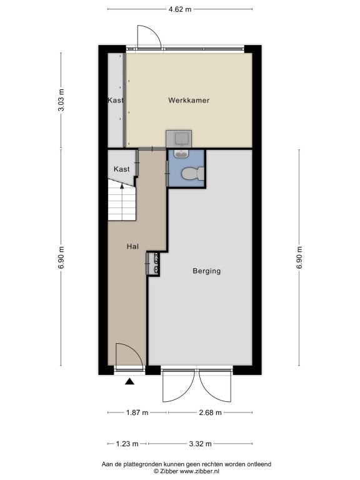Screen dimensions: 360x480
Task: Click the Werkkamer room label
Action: click(x=189, y=100)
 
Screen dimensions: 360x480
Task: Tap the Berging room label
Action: click(x=207, y=271)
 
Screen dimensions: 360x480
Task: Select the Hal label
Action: click(x=133, y=246)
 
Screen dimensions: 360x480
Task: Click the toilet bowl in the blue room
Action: click(x=192, y=174)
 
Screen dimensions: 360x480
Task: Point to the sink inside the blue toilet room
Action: click(x=181, y=154)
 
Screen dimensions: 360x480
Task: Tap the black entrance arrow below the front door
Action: click(x=130, y=381)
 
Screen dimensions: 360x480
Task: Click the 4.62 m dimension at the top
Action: click(x=180, y=9)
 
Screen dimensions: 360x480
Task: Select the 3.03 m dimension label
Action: click(x=61, y=100)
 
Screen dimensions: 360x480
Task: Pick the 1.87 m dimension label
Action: click(x=137, y=412)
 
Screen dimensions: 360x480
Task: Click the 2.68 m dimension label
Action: click(x=210, y=412)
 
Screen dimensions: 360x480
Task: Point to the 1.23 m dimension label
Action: click(x=127, y=444)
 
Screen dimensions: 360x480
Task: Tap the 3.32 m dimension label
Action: click(x=200, y=444)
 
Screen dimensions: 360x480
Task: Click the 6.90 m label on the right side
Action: click(x=299, y=257)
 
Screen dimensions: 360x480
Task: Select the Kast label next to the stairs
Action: click(x=121, y=169)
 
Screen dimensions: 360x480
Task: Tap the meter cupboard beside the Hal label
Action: click(x=153, y=263)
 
